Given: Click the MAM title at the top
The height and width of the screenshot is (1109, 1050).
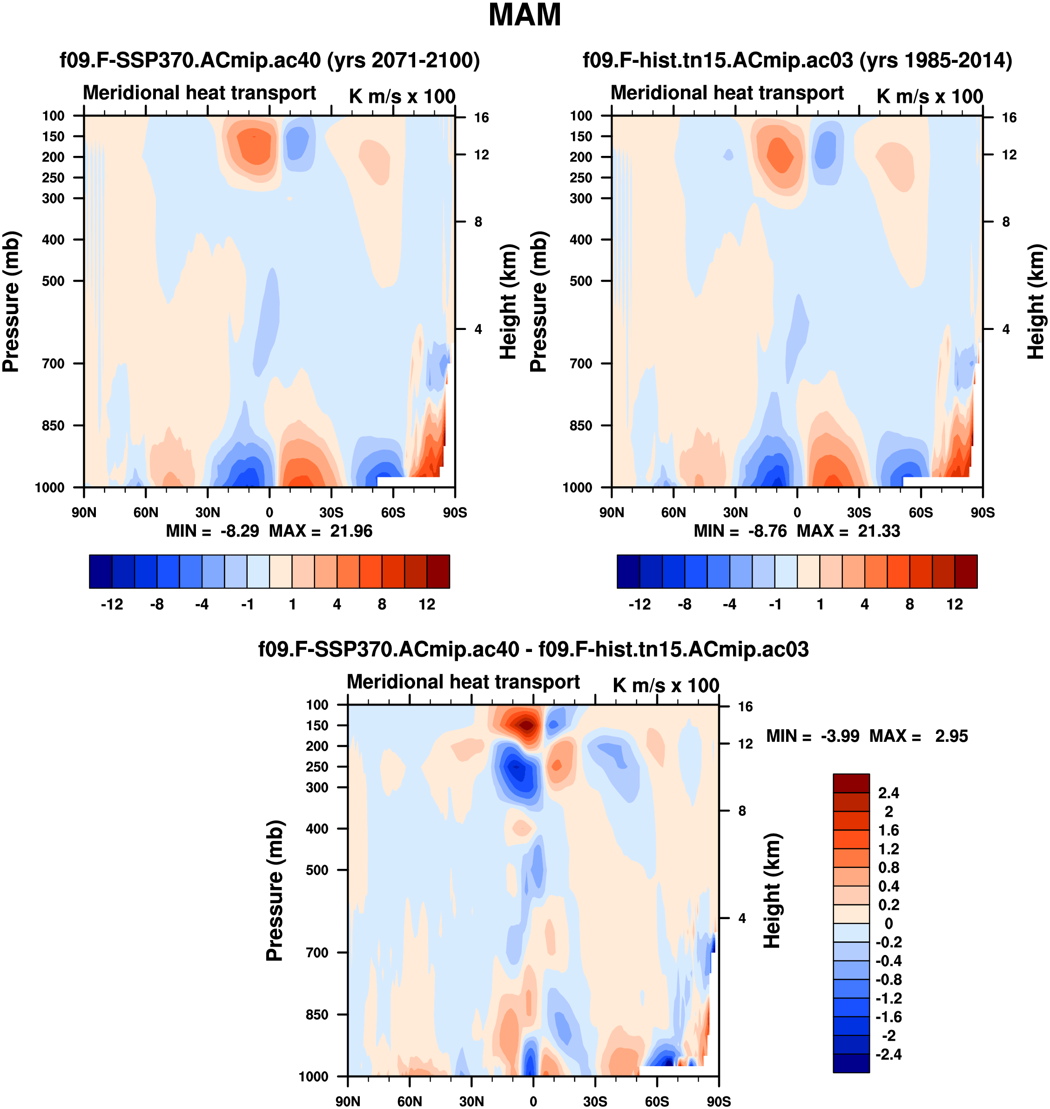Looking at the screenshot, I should (525, 15).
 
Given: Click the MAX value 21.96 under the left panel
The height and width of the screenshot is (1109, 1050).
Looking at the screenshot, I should (351, 531).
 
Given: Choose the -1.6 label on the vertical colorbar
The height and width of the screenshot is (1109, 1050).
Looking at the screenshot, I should (888, 1017).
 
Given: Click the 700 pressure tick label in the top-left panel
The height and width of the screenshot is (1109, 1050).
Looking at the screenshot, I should (53, 364).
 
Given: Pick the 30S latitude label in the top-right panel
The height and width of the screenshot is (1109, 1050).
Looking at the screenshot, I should (859, 512).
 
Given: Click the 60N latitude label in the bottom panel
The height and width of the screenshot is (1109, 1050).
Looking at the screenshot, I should (410, 1101).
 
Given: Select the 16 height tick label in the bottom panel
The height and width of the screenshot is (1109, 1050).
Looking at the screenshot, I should (745, 707).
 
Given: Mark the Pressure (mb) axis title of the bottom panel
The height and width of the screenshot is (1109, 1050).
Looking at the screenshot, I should (275, 890).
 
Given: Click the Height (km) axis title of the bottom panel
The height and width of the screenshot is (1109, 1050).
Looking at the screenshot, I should (773, 890).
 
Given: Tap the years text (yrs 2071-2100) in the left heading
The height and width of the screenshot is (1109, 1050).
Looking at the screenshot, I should (403, 60).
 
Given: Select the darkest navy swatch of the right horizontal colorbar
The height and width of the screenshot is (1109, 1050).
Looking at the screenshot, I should (628, 571).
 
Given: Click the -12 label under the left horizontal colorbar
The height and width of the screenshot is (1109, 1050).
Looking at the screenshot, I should (112, 605).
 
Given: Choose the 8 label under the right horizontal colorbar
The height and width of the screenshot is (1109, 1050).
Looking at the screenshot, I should (909, 605).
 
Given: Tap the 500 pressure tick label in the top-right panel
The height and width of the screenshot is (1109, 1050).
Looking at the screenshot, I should (581, 281).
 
